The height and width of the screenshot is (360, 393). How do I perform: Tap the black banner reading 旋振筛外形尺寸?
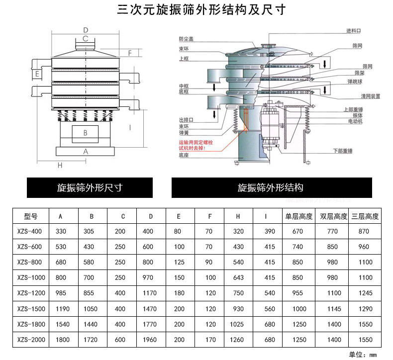90,188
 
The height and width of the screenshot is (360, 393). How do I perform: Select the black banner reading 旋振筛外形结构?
271,188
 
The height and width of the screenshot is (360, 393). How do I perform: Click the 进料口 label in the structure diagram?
354,31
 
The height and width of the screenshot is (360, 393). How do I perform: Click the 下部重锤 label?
342,150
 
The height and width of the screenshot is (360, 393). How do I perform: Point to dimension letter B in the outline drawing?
85,133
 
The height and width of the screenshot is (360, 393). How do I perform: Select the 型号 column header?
31,216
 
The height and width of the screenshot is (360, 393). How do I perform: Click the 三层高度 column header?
365,216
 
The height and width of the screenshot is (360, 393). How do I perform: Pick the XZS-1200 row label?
31,293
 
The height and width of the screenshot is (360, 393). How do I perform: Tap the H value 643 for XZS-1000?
238,278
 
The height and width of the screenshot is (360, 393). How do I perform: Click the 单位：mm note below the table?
365,355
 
